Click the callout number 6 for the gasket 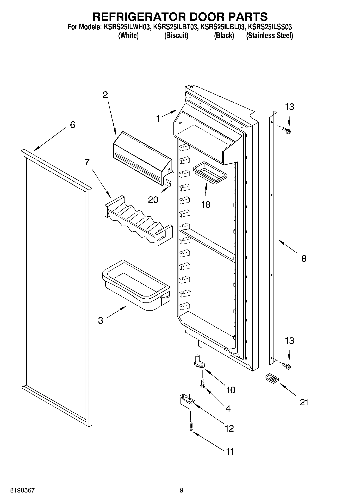72,125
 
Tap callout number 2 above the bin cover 105,95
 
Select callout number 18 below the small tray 206,204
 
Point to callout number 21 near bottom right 304,402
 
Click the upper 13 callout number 290,107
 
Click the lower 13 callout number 290,341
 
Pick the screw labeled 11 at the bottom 190,425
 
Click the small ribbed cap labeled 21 271,378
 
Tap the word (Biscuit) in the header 176,36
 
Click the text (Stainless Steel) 269,36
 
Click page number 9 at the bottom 182,490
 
